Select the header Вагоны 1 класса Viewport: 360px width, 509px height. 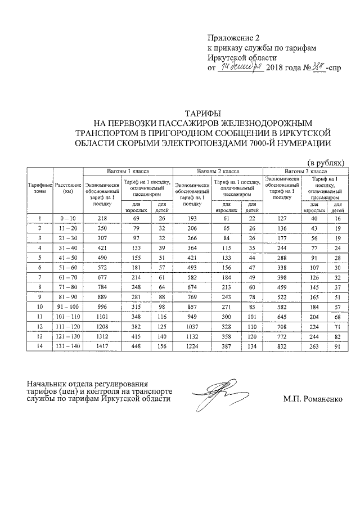(x=128, y=170)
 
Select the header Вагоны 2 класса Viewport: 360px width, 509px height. (x=217, y=170)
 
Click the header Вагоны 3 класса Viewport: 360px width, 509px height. (x=305, y=170)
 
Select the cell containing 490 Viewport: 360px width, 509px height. (x=102, y=258)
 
